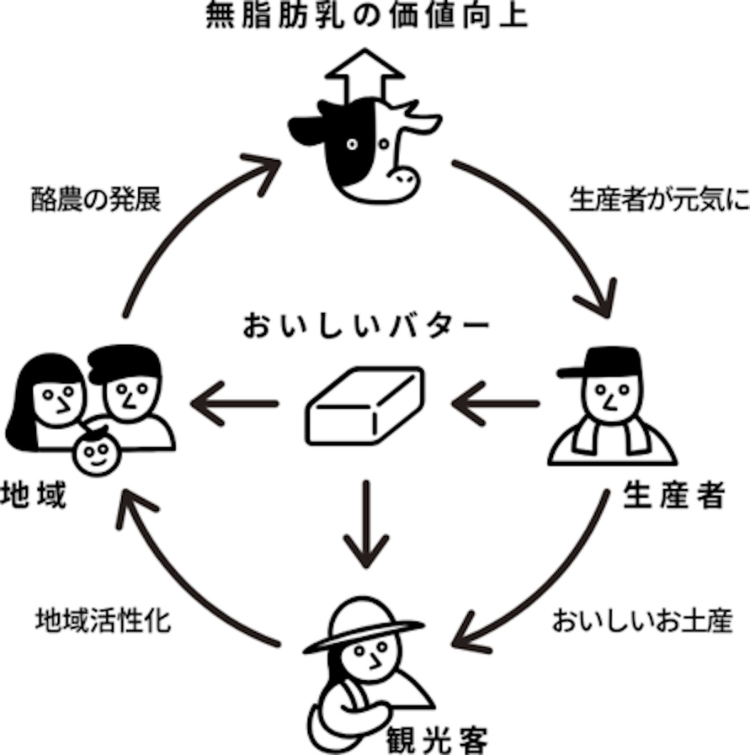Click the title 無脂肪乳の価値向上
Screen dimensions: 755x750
pos(367,17)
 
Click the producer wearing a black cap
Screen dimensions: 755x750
pos(612,407)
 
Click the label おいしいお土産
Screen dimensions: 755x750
pos(642,621)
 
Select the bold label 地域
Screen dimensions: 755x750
pos(35,497)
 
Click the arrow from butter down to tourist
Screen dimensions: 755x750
pos(365,526)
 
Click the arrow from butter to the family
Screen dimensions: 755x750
pos(236,404)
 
